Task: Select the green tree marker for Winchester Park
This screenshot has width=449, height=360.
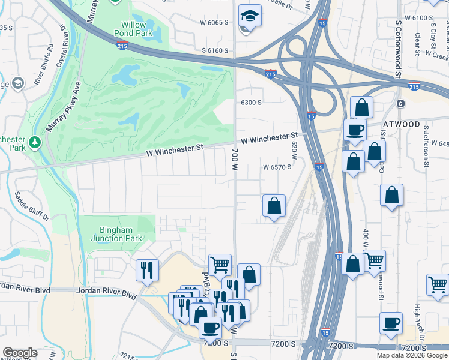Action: click(x=35, y=142)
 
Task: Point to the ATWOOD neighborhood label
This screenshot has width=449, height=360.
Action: click(x=402, y=124)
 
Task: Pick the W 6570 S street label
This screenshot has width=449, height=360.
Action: click(x=277, y=167)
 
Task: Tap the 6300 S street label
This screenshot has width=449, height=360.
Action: click(x=251, y=103)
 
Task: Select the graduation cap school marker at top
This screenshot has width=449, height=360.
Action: click(x=250, y=15)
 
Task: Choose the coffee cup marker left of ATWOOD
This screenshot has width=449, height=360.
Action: click(x=355, y=129)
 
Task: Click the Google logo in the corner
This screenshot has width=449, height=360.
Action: click(x=20, y=353)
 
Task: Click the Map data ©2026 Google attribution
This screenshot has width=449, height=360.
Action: click(x=412, y=355)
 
